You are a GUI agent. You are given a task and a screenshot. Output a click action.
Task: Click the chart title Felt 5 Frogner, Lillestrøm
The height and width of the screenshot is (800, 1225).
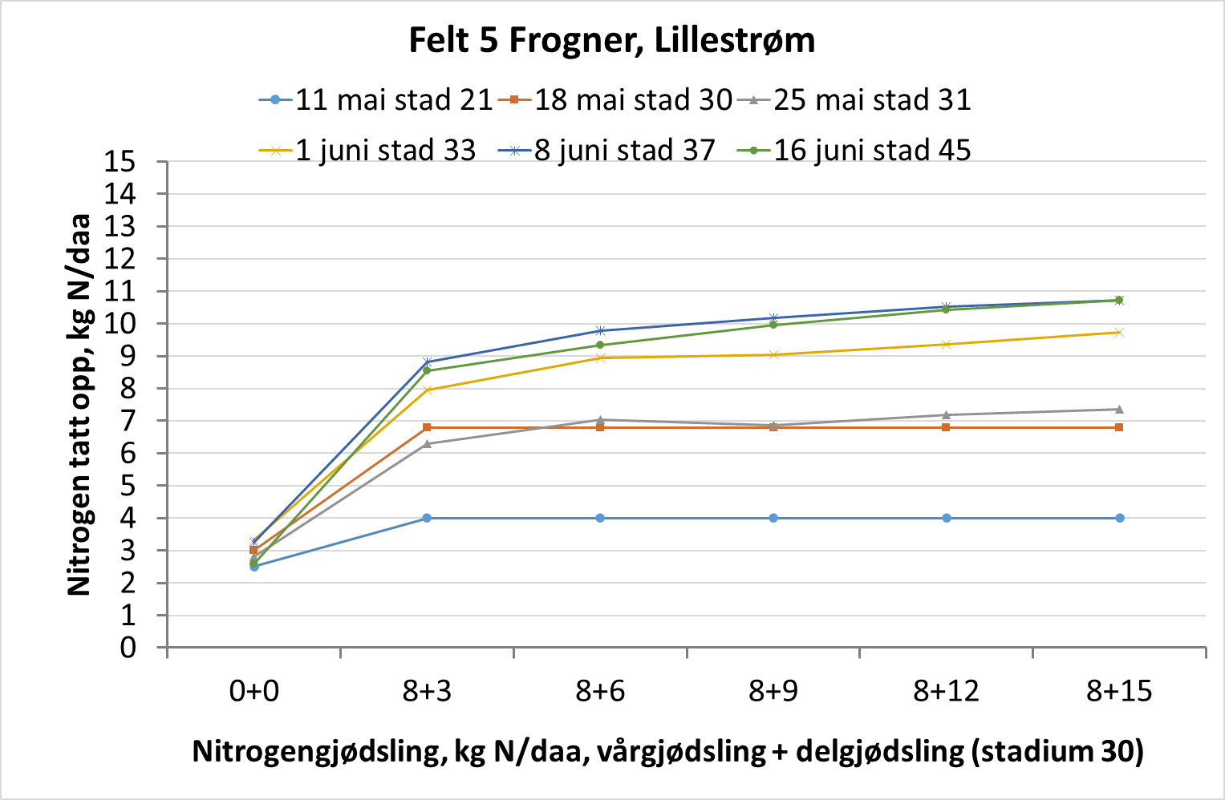click(x=611, y=40)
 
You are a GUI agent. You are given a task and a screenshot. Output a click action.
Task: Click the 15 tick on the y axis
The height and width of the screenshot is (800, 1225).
click(x=120, y=162)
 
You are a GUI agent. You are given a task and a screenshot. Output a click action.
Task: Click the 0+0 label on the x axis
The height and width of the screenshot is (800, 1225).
click(x=254, y=691)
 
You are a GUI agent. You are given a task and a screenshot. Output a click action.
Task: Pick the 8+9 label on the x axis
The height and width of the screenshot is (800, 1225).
click(x=773, y=691)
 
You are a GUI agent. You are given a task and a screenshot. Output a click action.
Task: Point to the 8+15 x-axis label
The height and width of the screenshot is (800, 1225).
click(x=1119, y=691)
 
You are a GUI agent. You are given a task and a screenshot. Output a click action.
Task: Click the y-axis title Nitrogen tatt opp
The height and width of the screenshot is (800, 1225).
click(x=79, y=405)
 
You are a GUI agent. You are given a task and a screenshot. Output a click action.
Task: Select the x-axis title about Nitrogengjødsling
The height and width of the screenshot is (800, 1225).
click(x=667, y=752)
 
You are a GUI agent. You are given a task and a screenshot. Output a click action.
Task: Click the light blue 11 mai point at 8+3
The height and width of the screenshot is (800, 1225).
click(x=427, y=518)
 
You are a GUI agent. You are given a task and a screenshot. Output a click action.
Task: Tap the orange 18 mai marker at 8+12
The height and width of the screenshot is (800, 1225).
click(x=947, y=427)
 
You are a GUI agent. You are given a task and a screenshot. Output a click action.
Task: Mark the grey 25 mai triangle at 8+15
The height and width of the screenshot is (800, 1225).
click(x=1119, y=409)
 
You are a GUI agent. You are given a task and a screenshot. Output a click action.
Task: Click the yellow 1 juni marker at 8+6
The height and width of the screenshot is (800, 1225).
click(x=600, y=358)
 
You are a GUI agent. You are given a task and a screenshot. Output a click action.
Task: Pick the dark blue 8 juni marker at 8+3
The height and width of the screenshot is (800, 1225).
click(x=427, y=362)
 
